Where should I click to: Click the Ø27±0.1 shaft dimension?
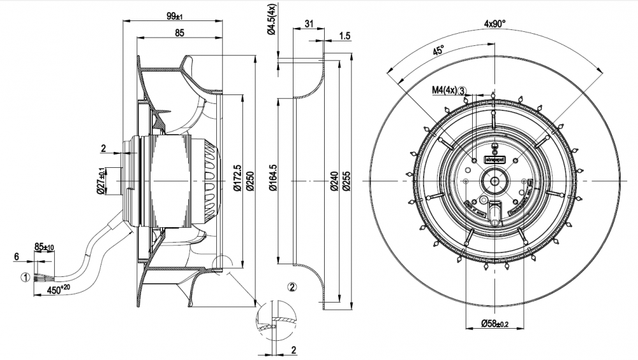[x=101, y=181]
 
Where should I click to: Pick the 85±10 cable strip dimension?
[x=44, y=247]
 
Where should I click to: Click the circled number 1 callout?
[x=24, y=278]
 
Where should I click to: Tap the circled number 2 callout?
[x=292, y=287]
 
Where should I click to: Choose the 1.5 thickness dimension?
[x=345, y=36]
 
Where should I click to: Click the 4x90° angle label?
[x=494, y=24]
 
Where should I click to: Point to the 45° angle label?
[x=438, y=52]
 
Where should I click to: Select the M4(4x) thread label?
[x=445, y=91]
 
